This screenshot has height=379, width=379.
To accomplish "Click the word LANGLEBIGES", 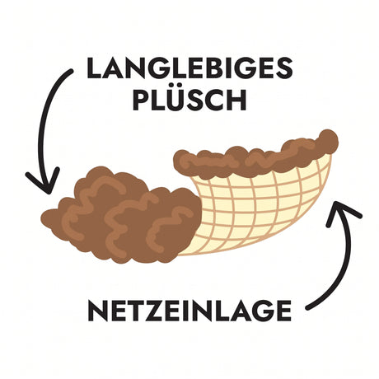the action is (x=189, y=68).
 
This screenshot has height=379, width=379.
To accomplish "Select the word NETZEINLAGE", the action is (x=189, y=311).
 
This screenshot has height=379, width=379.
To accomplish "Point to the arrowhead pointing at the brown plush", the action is (x=44, y=180).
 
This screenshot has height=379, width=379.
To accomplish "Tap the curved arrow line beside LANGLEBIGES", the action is (x=47, y=124).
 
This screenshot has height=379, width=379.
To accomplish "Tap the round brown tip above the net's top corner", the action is (x=329, y=142).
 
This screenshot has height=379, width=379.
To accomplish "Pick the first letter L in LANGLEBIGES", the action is (x=95, y=68).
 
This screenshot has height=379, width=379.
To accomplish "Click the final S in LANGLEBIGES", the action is (x=283, y=68).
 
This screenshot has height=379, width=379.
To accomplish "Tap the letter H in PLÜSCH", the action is (x=236, y=100).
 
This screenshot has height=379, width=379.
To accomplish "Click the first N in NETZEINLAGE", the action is (x=97, y=311).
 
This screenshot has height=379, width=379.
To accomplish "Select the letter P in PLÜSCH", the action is (x=141, y=100).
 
